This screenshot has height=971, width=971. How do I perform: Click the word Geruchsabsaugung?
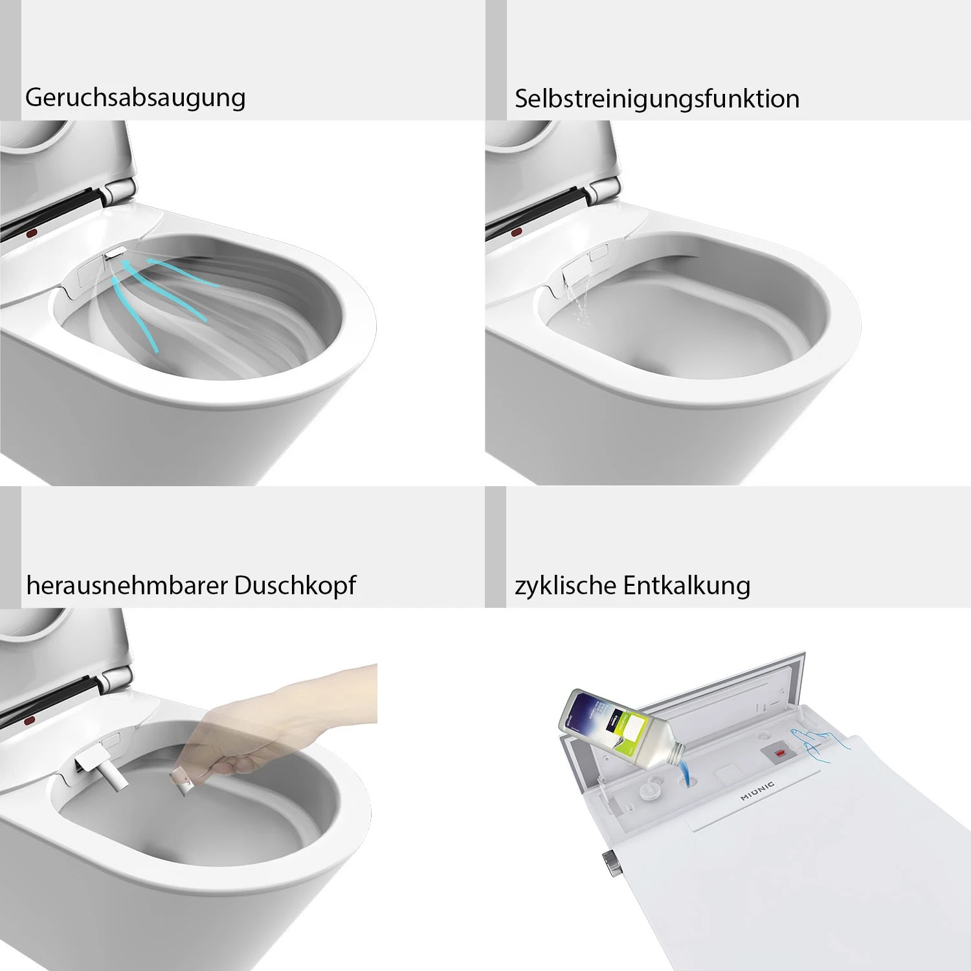[x=135, y=98]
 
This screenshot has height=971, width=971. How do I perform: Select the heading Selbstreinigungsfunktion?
[x=656, y=99]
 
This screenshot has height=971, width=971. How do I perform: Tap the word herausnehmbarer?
[x=127, y=585]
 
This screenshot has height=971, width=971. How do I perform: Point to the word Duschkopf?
[x=295, y=585]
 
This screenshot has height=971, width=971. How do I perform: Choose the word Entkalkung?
[x=687, y=585]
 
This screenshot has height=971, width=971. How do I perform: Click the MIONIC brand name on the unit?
[x=757, y=791]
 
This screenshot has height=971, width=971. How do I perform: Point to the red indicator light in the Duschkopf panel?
[x=28, y=720]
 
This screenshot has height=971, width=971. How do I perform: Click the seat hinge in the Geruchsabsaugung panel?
[x=119, y=190]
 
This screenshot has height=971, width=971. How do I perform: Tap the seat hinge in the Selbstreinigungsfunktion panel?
[x=605, y=190]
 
